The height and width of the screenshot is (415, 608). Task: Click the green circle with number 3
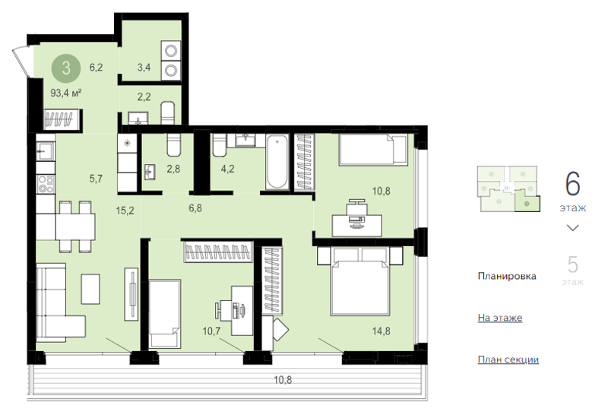[x=66, y=68]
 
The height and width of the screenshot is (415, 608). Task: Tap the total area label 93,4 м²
[x=66, y=93]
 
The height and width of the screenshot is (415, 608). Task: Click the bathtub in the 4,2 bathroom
[x=277, y=162]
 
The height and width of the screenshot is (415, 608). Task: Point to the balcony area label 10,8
[x=283, y=380]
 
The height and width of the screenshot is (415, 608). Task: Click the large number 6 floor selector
[x=573, y=184]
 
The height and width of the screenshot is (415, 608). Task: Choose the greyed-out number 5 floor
[x=573, y=265]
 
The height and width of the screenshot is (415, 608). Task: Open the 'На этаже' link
[x=500, y=318]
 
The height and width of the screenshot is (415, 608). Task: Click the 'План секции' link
[x=508, y=360]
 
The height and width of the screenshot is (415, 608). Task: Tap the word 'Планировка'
[x=507, y=276]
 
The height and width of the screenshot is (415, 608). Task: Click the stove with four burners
[x=46, y=184]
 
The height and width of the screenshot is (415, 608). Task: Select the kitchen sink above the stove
[x=46, y=150]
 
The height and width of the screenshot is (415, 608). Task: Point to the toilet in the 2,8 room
[x=174, y=144]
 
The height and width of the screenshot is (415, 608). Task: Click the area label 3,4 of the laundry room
[x=144, y=68]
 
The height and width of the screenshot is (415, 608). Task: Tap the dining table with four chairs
[x=75, y=227]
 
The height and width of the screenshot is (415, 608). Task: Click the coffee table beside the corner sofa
[x=90, y=289]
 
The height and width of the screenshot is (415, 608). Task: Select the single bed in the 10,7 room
[x=165, y=313]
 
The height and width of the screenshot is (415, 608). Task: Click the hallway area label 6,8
[x=195, y=208]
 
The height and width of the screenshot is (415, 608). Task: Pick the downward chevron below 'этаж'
[x=573, y=228]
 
